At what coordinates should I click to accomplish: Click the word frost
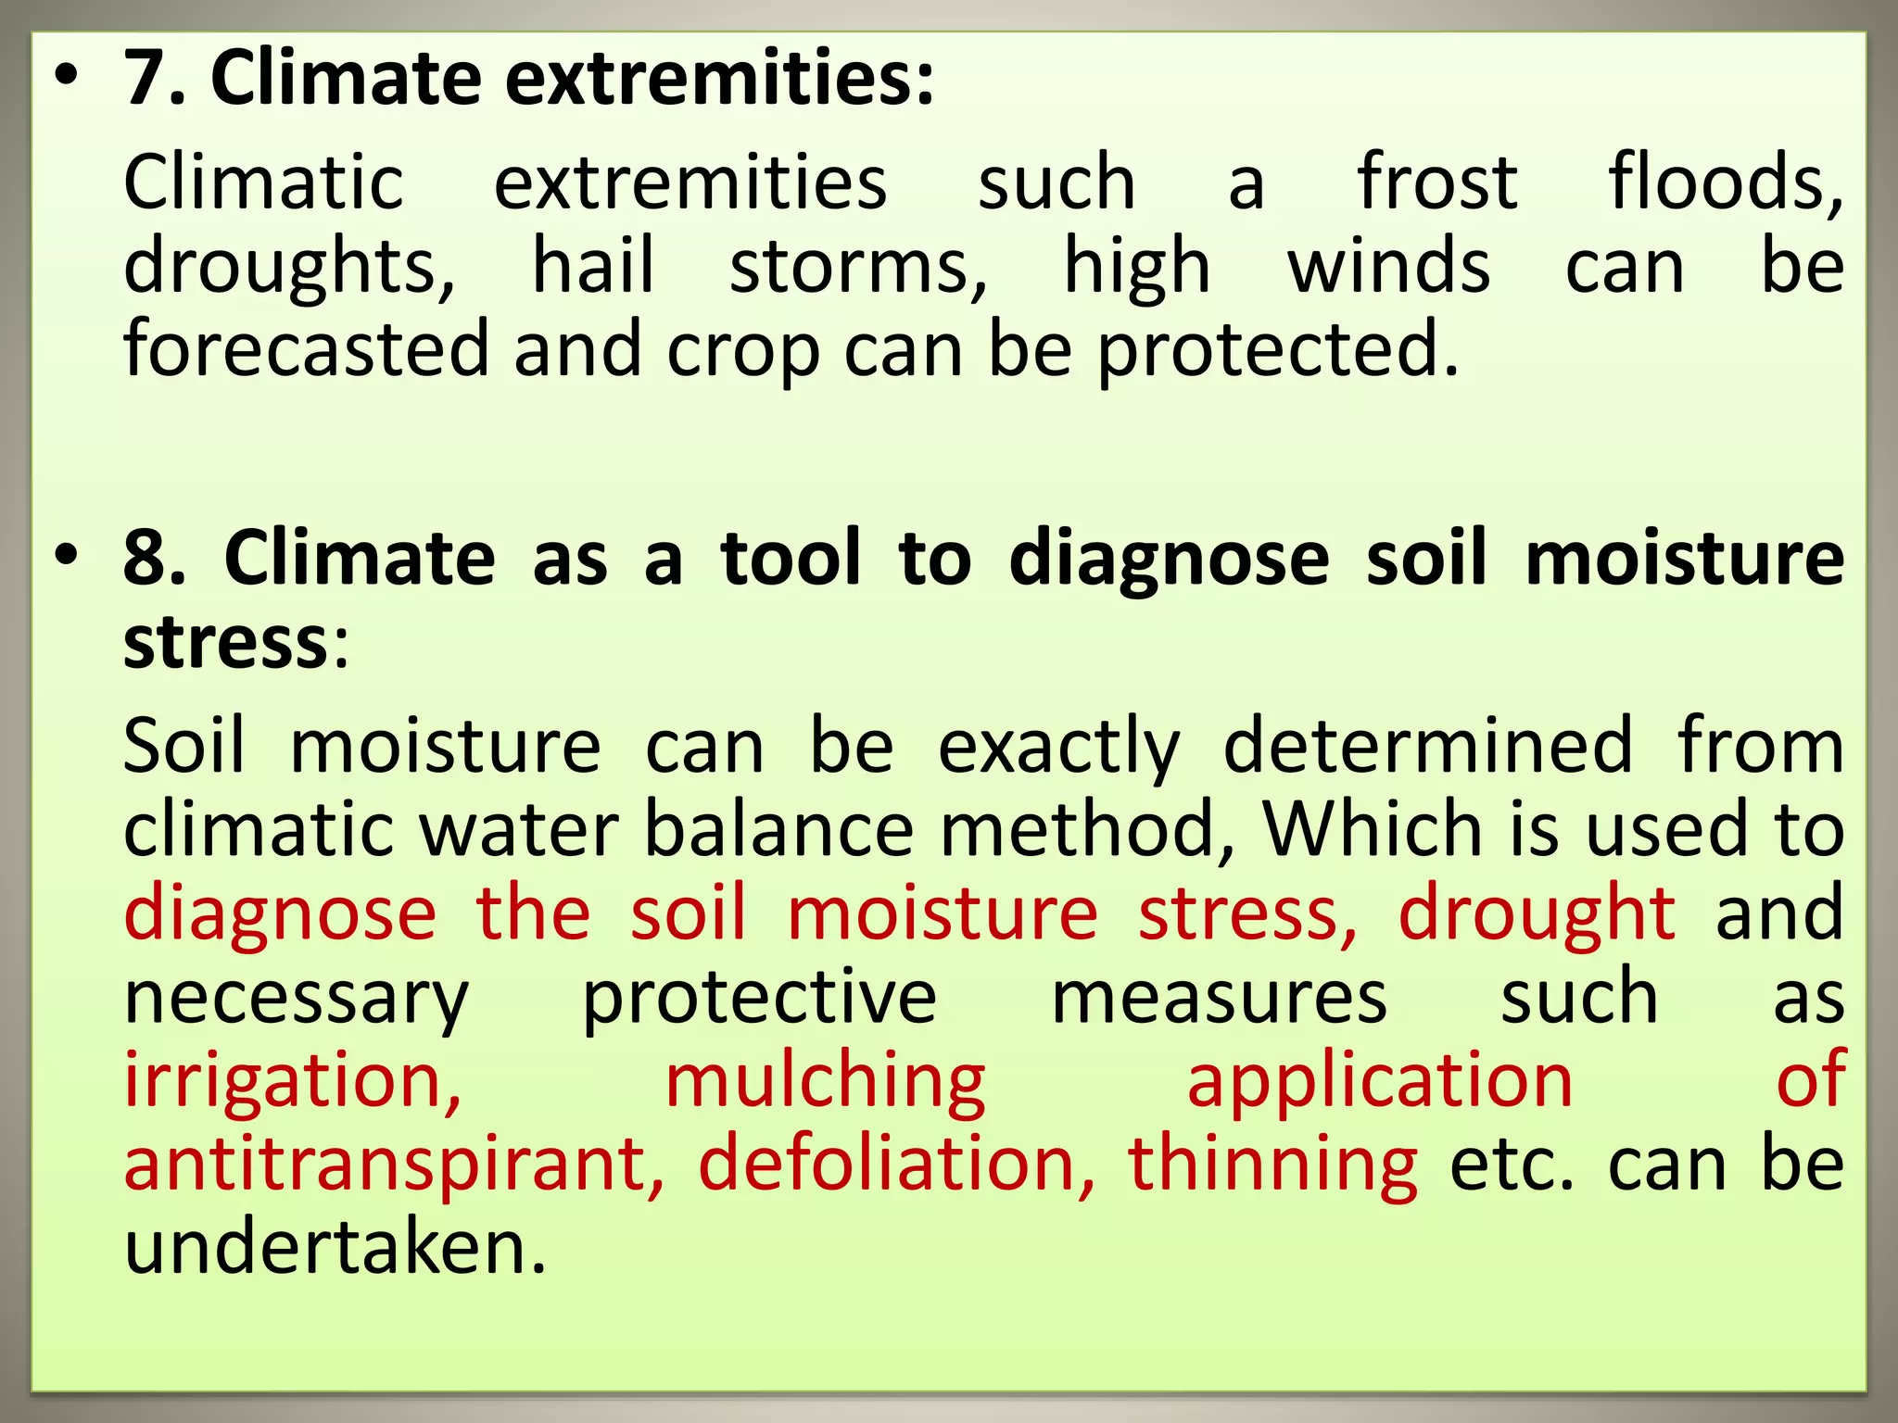click(1437, 183)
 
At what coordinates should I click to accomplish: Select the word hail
click(593, 267)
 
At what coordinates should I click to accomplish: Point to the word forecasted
click(307, 350)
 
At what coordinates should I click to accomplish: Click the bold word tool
click(791, 559)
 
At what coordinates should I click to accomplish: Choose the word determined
click(1428, 747)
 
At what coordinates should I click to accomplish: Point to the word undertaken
click(335, 1247)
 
